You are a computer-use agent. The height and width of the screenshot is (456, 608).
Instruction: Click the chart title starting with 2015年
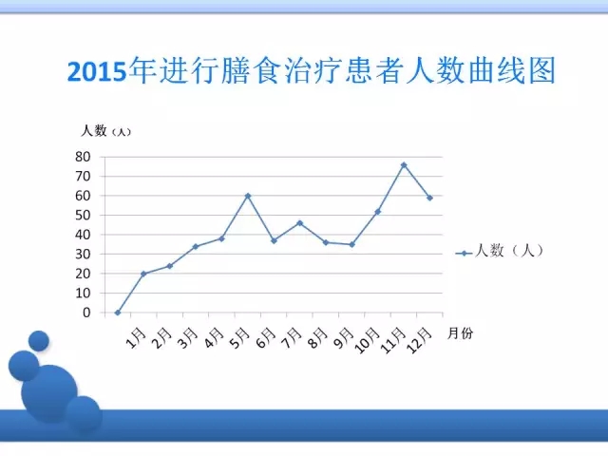pos(312,70)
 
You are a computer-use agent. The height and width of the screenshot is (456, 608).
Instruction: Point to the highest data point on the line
pos(404,164)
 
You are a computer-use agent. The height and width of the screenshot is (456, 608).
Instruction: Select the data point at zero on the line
pos(118,313)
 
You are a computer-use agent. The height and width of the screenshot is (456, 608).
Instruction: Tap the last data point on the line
pos(429,198)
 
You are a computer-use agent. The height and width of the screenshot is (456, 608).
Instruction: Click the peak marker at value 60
pos(248,196)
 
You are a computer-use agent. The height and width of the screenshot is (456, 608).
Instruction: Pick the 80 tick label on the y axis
pos(83,157)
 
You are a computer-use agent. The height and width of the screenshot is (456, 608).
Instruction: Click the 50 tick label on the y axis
pos(83,216)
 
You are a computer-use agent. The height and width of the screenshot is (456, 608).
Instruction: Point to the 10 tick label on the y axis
pos(83,294)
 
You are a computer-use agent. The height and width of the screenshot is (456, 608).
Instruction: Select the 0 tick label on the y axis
pos(86,313)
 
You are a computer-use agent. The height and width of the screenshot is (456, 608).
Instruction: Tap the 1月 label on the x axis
pos(137,338)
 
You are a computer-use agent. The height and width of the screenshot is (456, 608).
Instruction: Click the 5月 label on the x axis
pos(240,338)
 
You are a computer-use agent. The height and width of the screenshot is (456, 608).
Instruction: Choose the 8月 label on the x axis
pos(318,338)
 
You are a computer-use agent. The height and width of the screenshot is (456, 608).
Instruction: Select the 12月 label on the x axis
pos(419,340)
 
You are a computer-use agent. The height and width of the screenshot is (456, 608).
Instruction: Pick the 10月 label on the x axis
pos(368,340)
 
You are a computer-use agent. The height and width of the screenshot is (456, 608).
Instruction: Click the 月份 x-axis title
pos(460,333)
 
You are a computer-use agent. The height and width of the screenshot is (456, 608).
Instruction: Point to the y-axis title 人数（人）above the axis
pos(105,131)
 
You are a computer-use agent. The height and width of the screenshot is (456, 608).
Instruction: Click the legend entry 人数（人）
pos(500,251)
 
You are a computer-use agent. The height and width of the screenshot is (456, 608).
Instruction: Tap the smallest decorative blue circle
pos(39,341)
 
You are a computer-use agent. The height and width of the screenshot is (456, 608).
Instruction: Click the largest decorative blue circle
pos(49,392)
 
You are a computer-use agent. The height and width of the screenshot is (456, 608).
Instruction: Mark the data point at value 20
pos(143,274)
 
